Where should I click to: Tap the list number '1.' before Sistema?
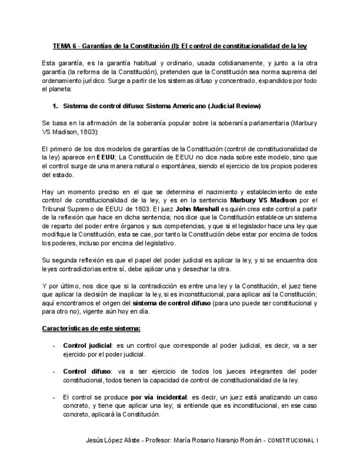55,106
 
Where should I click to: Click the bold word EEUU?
106,156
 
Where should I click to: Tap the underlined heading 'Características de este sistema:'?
91,329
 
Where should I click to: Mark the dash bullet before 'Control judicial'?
53,346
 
